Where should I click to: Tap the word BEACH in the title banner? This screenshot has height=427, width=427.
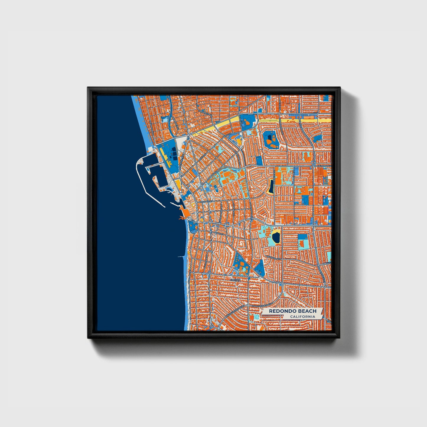pyautogui.click(x=307, y=311)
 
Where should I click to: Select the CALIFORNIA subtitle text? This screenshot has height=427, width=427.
pyautogui.click(x=302, y=317)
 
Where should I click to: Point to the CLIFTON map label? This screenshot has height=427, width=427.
pyautogui.click(x=235, y=279)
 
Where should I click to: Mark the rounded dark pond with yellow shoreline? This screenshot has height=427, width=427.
pyautogui.click(x=276, y=237)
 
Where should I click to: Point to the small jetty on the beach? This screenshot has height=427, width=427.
pyautogui.click(x=181, y=256)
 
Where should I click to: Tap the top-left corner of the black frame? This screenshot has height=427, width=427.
pyautogui.click(x=88, y=87)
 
